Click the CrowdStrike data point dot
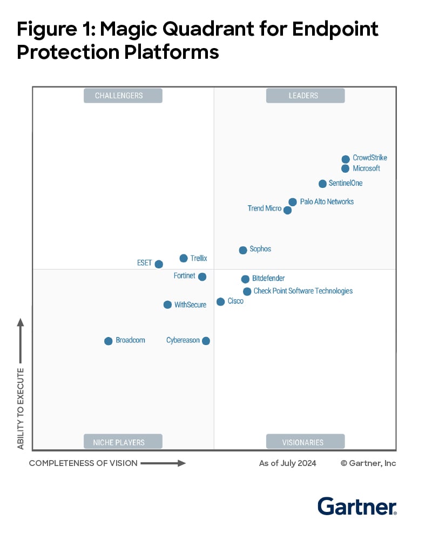coord(346,159)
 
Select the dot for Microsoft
coord(346,168)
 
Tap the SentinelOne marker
coord(323,184)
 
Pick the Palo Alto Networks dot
coord(293,202)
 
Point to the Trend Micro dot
coord(288,210)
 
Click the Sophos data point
coord(243,250)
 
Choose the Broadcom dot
coord(109,341)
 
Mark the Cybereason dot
coord(206,341)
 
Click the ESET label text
coord(144,264)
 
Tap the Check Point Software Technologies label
coord(303,291)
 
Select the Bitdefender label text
coord(268,279)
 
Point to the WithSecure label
coord(190,305)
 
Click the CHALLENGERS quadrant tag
coord(123,96)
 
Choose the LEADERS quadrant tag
coord(305,96)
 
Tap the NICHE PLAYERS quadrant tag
coord(123,442)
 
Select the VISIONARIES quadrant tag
coord(305,442)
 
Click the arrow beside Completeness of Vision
coord(163,463)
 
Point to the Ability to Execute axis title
coord(21,408)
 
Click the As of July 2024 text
coord(288,463)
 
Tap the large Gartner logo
coord(357,507)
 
